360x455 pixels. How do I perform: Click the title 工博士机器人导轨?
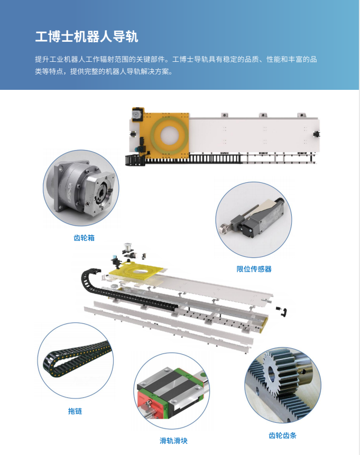[87, 37]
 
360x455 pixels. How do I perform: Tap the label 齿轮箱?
[84, 238]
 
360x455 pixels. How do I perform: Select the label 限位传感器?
[254, 269]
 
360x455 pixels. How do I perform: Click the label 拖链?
[75, 411]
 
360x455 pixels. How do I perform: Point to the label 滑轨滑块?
[173, 441]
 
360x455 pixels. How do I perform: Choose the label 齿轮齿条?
[282, 435]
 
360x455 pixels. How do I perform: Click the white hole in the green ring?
[170, 135]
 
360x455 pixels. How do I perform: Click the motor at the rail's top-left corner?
[136, 114]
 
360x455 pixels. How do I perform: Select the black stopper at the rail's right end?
[316, 134]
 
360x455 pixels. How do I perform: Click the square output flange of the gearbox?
[102, 189]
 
